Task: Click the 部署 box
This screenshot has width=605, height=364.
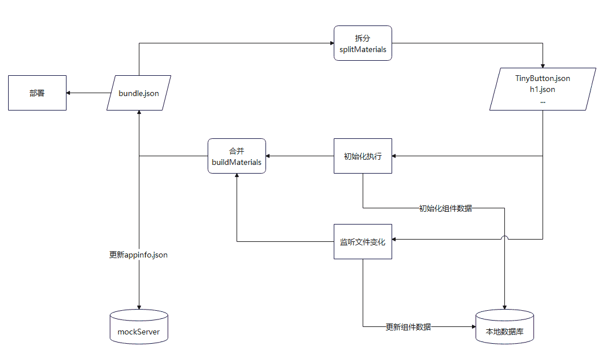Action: [37, 93]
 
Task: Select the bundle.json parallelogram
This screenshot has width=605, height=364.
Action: [139, 93]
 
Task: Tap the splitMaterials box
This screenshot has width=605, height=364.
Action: [363, 43]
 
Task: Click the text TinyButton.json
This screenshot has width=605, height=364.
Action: [543, 78]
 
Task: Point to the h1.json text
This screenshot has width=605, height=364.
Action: [543, 89]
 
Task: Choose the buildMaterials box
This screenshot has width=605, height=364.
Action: [237, 156]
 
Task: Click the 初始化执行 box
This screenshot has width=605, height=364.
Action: [363, 156]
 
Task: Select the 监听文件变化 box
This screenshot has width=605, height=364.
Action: [363, 241]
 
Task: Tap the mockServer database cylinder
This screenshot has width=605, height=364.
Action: [139, 327]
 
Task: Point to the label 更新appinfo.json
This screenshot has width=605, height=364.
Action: [138, 254]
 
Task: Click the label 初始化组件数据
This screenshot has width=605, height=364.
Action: [445, 208]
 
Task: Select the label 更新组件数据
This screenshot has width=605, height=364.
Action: [408, 326]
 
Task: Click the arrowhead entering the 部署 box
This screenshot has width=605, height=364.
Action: [69, 93]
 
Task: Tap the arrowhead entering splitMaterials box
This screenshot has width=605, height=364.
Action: [331, 43]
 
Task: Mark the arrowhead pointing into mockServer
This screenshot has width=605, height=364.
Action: [139, 307]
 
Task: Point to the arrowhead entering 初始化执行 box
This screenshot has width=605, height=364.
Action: [395, 156]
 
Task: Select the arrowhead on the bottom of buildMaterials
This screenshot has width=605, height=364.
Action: [237, 176]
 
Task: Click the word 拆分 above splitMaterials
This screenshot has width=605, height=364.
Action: [363, 38]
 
